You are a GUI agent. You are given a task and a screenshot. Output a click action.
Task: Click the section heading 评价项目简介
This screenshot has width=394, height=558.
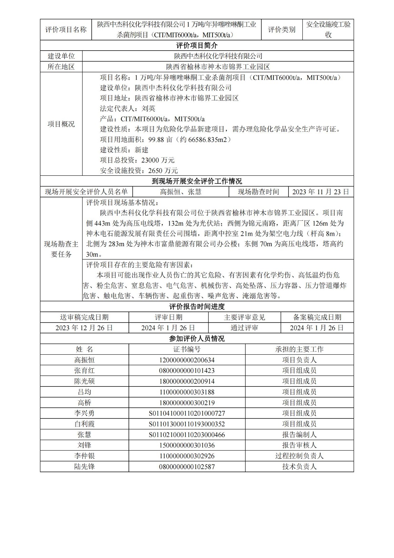(x=196, y=45)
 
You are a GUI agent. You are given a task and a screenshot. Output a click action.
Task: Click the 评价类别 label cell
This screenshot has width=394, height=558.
(x=281, y=30)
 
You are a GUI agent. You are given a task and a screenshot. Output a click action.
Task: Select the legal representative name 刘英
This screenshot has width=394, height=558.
(x=148, y=108)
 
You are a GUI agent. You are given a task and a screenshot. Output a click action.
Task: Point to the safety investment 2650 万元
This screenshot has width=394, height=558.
(x=163, y=171)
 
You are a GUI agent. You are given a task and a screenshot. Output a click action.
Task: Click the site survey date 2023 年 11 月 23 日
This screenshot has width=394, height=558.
(x=320, y=192)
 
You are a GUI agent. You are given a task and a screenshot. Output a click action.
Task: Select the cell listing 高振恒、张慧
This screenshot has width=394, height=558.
(x=180, y=192)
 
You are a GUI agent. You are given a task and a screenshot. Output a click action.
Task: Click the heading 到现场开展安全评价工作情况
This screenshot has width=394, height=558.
(x=196, y=181)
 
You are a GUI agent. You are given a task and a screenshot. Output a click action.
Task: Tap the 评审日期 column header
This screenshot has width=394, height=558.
(x=169, y=317)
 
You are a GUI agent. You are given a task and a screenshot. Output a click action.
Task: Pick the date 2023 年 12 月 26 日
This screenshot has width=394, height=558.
(x=84, y=328)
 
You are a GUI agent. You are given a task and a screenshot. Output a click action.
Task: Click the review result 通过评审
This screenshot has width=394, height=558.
(x=244, y=328)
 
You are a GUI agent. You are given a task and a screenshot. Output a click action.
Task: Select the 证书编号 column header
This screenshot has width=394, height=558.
(x=187, y=349)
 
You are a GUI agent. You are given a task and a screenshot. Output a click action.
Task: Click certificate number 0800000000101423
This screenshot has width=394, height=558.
(x=187, y=370)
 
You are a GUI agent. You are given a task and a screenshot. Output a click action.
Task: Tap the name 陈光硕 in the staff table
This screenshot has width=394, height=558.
(x=84, y=381)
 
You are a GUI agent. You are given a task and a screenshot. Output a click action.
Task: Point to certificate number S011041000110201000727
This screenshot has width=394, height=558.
(x=187, y=413)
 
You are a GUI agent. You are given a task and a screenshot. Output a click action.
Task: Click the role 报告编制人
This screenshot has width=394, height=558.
(x=299, y=435)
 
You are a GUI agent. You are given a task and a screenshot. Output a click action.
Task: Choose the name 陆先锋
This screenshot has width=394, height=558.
(x=84, y=467)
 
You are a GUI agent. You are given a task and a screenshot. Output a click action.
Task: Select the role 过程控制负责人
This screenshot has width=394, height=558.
(x=299, y=456)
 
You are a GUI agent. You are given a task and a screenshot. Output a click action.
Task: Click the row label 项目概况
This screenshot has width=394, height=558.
(x=61, y=124)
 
